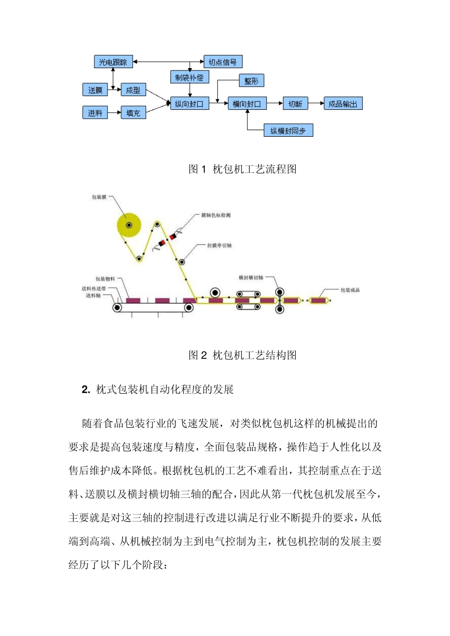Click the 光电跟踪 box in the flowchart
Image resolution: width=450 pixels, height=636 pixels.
(x=113, y=62)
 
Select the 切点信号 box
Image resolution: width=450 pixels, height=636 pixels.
(x=223, y=62)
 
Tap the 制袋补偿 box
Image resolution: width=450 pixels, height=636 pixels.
(x=189, y=77)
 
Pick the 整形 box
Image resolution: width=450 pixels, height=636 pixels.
(x=252, y=81)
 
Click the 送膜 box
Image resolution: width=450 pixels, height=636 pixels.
(x=95, y=90)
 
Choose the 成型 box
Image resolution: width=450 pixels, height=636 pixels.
(x=133, y=90)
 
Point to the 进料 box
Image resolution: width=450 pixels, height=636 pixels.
(x=95, y=113)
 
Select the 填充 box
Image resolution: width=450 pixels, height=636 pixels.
(x=133, y=113)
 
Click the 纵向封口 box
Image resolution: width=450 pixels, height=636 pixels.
(x=189, y=104)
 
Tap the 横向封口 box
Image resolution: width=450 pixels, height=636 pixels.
(x=247, y=104)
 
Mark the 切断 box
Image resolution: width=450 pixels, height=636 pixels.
(x=295, y=104)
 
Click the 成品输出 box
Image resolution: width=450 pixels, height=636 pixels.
(x=343, y=104)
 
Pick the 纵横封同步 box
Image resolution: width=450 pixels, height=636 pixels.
(x=288, y=131)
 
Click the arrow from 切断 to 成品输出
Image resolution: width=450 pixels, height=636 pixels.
(x=315, y=104)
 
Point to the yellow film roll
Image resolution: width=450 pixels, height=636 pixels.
(x=129, y=225)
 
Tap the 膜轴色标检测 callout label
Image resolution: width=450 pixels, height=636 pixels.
(x=216, y=216)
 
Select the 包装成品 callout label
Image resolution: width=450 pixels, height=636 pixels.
(x=350, y=290)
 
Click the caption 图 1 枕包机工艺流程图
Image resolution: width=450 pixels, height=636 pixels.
(x=243, y=169)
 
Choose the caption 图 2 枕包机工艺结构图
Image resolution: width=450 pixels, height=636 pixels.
(x=243, y=355)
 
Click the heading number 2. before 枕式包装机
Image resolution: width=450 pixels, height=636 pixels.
(x=86, y=389)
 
